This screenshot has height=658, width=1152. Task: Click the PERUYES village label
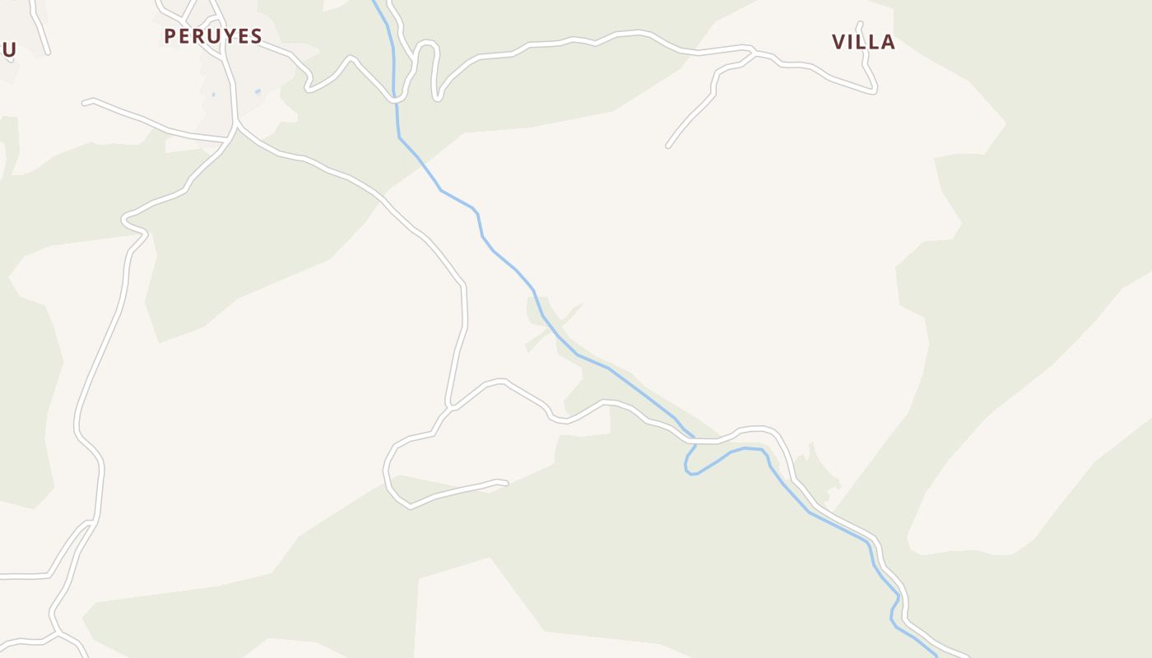coord(212,36)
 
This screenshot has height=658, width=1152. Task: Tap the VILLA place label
coord(863,42)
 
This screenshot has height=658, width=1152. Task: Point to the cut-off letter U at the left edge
coord(8,49)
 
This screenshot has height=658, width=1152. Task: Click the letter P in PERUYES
coord(170,36)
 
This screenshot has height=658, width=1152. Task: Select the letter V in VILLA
coord(839,42)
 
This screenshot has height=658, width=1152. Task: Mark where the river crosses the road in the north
coord(396,98)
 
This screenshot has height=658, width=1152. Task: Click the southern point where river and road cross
coord(694,441)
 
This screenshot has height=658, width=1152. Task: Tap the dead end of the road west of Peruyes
coord(86,103)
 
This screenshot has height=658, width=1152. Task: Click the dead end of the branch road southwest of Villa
coord(668,146)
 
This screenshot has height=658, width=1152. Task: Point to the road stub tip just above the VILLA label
coord(860,24)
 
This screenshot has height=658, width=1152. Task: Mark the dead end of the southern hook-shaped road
coord(505,483)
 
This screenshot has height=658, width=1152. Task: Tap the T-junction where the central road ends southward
coord(450,406)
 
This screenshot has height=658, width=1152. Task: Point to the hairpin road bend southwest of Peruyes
coord(126,220)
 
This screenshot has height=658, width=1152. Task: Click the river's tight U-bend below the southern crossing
coord(690,470)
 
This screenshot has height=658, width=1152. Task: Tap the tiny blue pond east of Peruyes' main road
coord(258,91)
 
